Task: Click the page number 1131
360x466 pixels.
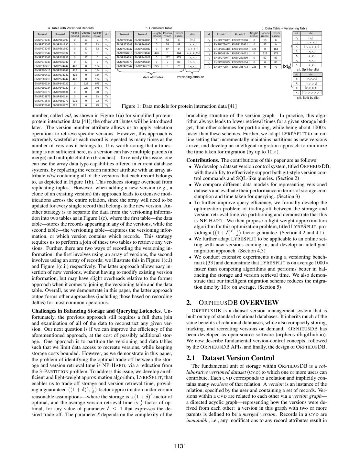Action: pos(180,447)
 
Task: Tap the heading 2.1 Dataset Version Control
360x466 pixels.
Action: pos(230,358)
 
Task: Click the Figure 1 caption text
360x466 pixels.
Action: pos(179,106)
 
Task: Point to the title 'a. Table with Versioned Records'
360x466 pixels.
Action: pos(71,28)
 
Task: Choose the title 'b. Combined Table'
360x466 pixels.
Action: pos(158,28)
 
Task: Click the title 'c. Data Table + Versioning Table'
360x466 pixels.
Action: pos(284,28)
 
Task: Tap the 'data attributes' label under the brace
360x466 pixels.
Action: pos(153,77)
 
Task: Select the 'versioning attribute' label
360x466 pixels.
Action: pos(191,77)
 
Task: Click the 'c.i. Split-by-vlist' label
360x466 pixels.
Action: pos(308,70)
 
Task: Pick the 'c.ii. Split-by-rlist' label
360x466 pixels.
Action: pos(308,97)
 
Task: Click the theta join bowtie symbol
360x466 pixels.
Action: pos(286,67)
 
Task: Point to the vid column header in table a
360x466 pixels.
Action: pos(107,34)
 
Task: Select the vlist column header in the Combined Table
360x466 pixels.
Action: pos(192,34)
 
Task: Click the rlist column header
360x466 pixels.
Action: pos(311,74)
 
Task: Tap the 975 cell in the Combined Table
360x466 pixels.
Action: pos(179,57)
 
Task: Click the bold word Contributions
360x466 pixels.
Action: pos(202,160)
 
